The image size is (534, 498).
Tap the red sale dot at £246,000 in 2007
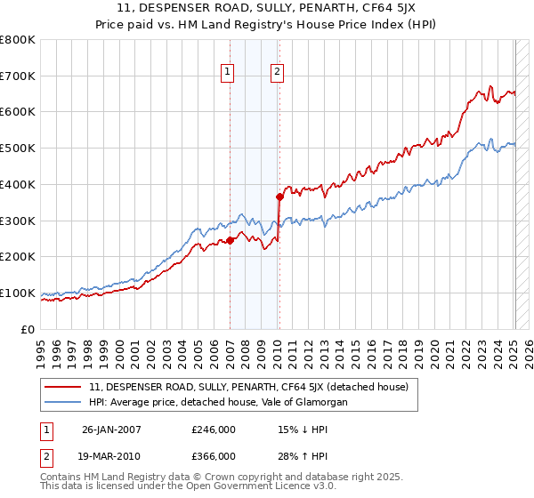click(x=230, y=239)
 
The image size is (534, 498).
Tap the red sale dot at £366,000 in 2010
click(x=279, y=197)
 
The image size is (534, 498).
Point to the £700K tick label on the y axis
click(x=17, y=76)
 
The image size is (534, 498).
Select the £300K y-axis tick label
click(x=17, y=221)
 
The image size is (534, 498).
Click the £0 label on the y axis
click(x=27, y=329)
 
